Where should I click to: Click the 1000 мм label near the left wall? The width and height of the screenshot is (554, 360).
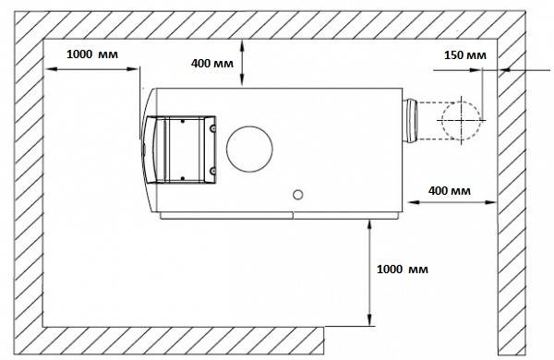point(92,54)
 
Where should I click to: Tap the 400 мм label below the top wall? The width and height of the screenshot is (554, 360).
point(212,64)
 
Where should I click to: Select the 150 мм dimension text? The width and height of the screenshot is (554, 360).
point(465,55)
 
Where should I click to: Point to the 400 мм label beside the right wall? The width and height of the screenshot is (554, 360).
point(450,191)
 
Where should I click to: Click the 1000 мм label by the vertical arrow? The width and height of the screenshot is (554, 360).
point(403,270)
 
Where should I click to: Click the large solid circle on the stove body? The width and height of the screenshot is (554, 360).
point(249,150)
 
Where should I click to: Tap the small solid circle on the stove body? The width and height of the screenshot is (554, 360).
point(298,195)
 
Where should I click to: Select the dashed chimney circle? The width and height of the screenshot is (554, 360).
point(461,121)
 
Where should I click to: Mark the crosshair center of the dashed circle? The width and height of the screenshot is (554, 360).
point(462,121)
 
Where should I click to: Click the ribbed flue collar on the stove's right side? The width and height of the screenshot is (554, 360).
point(410,121)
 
